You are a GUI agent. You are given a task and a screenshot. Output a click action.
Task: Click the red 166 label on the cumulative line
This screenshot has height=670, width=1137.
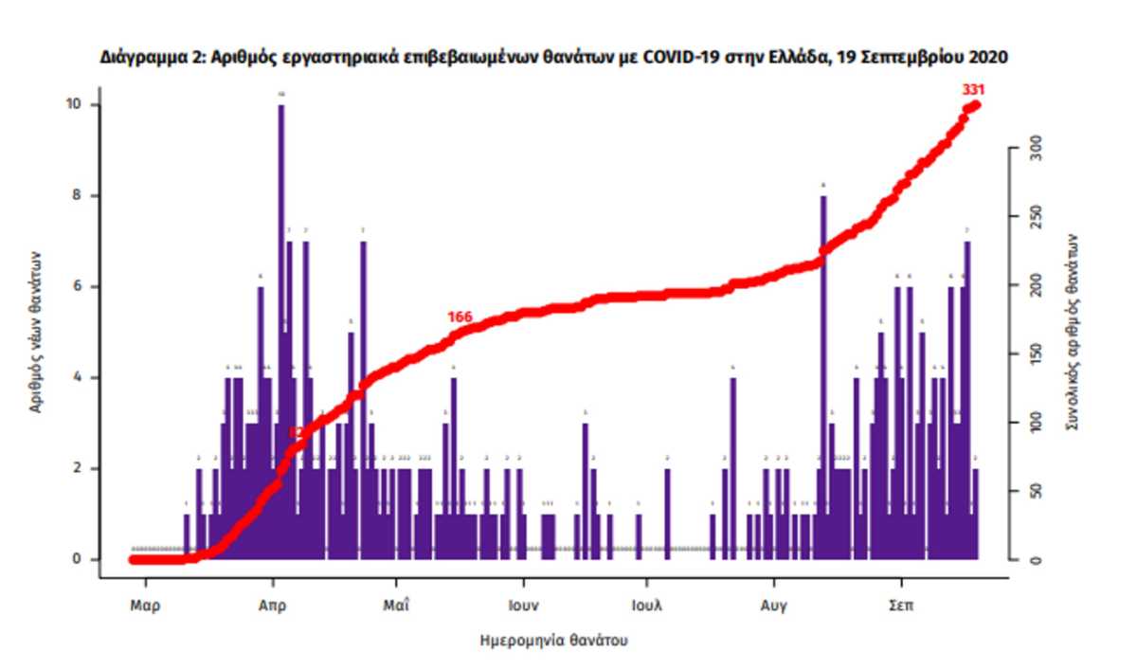click(460, 317)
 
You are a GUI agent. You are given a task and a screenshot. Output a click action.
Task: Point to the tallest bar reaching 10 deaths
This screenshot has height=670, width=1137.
click(281, 284)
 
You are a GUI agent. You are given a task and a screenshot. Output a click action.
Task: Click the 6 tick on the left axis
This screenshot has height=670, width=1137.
click(81, 286)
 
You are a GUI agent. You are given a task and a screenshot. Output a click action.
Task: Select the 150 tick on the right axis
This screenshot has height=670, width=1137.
click(1037, 354)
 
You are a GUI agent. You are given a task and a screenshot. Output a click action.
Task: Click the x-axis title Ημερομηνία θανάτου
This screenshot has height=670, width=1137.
click(554, 641)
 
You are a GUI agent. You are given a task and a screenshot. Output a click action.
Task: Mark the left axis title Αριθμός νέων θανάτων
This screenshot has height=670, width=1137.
click(36, 331)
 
